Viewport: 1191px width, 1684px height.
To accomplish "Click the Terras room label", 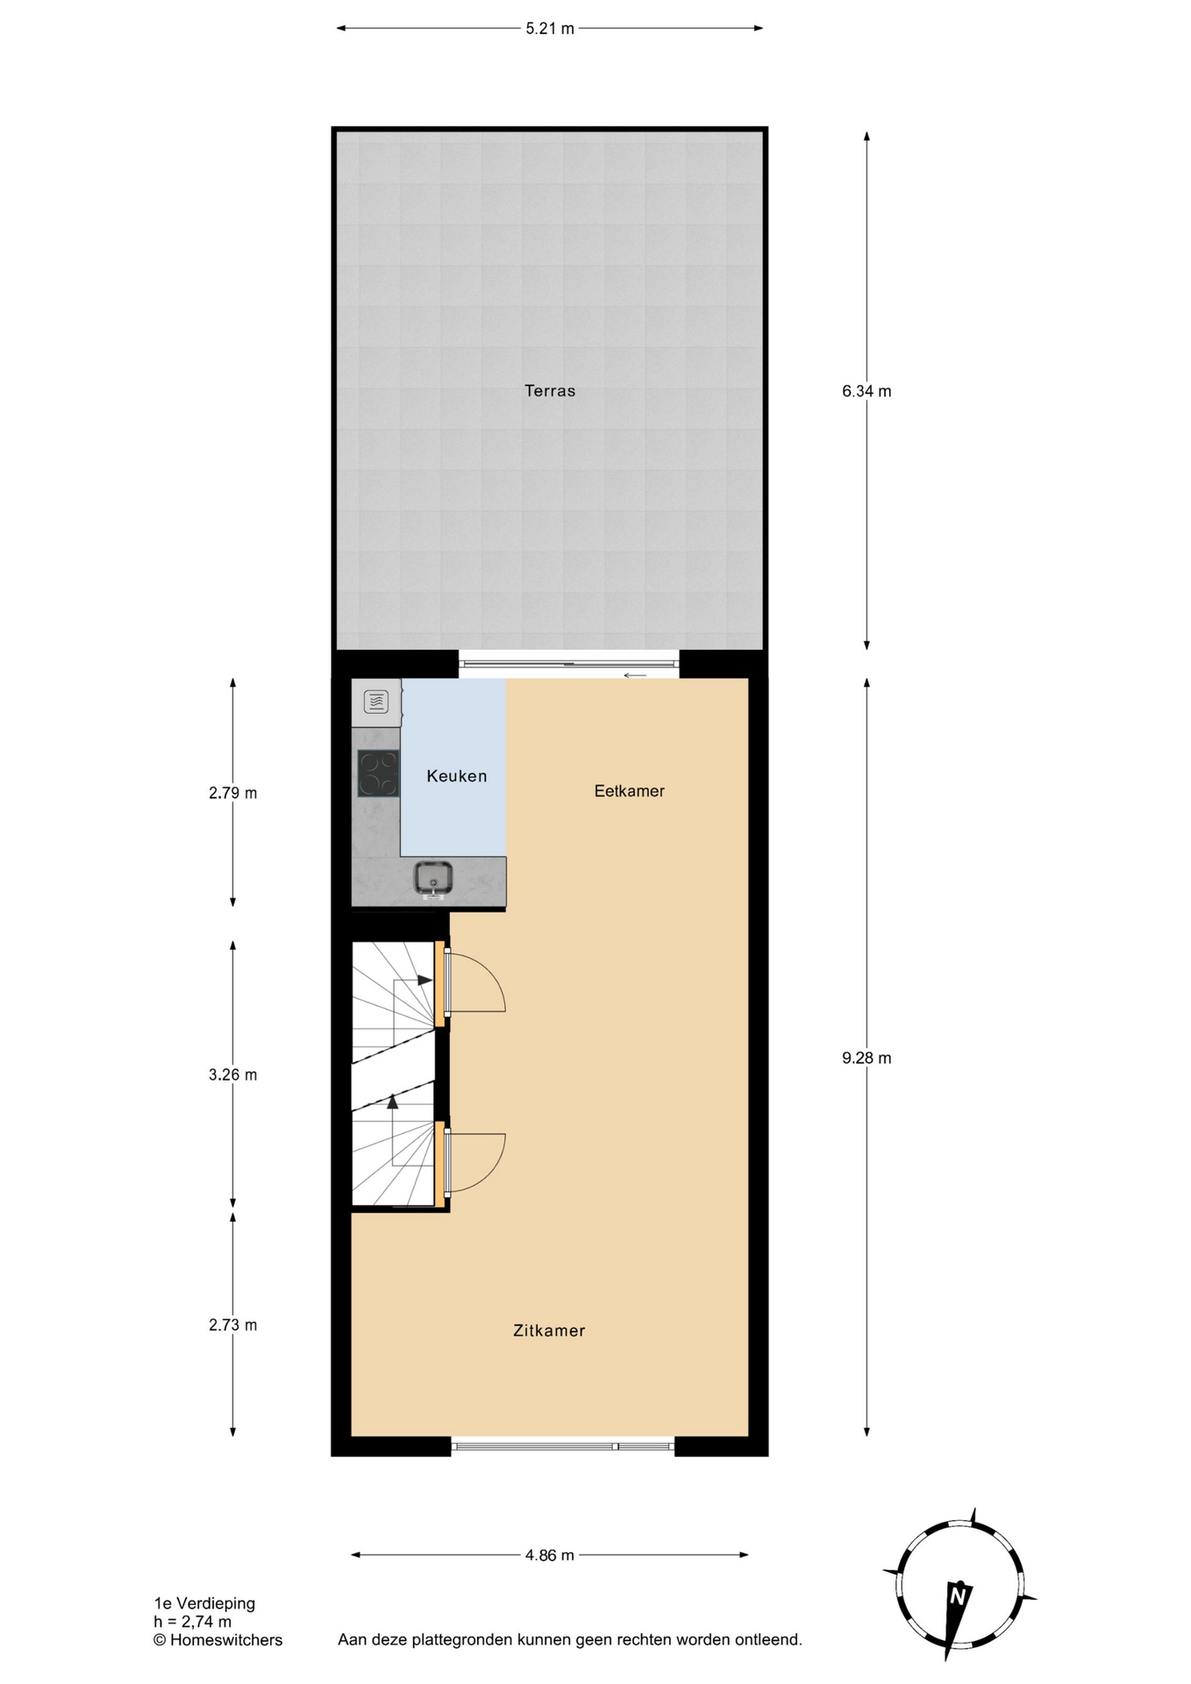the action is coord(550,391).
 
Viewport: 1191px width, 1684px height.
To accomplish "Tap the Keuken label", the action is coord(456,776).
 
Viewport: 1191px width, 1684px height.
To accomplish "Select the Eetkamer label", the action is coord(629,791).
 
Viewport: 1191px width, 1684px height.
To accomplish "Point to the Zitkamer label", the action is coord(549,1331).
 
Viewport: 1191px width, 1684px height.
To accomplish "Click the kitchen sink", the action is coord(433,879).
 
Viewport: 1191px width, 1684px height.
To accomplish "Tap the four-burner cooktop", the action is coord(378,774).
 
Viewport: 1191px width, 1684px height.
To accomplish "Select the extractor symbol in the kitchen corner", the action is coord(376,702).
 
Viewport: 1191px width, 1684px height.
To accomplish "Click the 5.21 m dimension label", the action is coord(550,28).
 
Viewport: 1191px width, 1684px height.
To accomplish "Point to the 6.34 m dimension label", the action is coord(867,391).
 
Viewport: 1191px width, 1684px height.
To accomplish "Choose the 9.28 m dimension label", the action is coord(867,1058).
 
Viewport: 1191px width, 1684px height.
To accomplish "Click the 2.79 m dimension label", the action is coord(232,793).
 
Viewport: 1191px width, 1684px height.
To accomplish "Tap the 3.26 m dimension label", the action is coord(232,1074).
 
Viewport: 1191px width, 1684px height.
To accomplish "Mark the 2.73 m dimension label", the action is coord(232,1324).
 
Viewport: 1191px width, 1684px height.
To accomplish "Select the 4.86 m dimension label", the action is coord(550,1555).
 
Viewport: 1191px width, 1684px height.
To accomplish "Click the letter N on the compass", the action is coord(958,1595).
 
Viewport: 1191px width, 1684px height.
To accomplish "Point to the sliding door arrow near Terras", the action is coord(635,674).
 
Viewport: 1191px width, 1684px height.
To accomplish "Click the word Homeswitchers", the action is coord(226,1639).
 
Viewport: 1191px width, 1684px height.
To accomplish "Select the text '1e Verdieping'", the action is coord(204,1602).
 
